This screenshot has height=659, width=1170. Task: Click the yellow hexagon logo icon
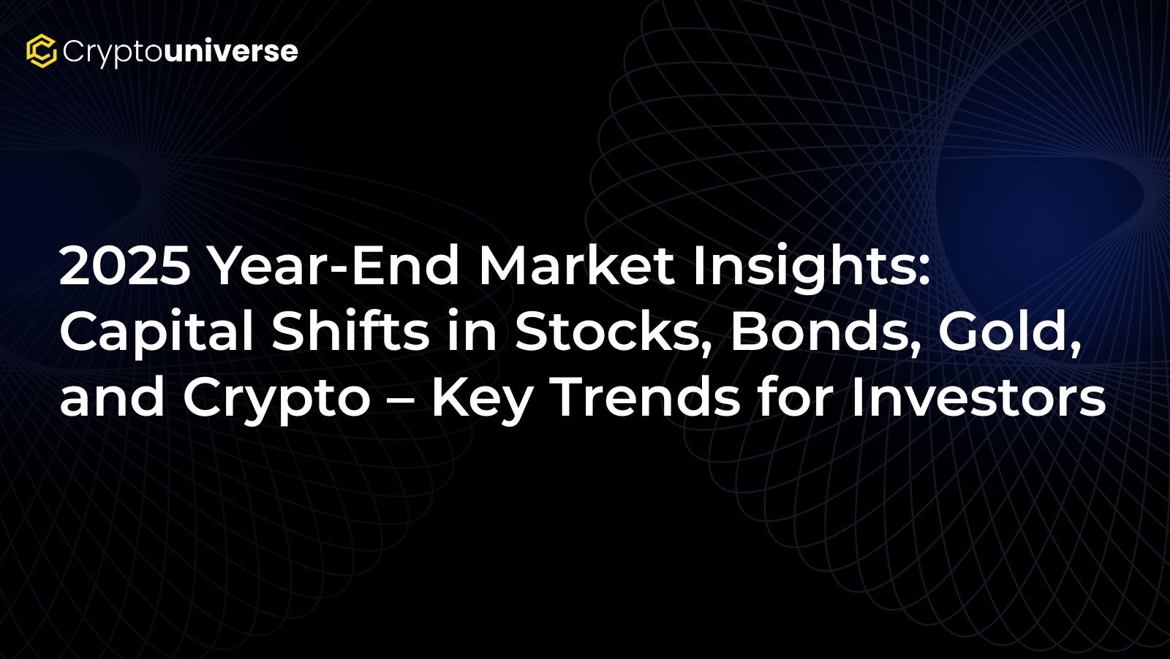tap(42, 50)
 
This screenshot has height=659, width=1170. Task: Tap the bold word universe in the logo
tap(231, 50)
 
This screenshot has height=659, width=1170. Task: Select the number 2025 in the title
tap(125, 266)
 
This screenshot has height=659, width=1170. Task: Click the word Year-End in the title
tap(334, 266)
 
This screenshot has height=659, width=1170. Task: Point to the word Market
tap(577, 266)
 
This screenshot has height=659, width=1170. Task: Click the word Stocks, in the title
tap(614, 333)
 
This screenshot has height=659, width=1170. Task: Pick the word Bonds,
tap(825, 333)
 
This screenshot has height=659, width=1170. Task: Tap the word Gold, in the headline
tap(1010, 333)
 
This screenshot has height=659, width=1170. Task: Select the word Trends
tap(645, 397)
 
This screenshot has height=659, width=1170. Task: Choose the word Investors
tap(978, 397)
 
